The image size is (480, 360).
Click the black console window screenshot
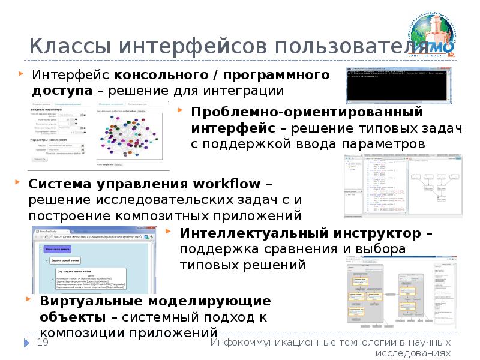(398, 85)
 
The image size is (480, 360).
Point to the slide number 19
(43, 342)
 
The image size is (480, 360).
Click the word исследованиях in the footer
(414, 353)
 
